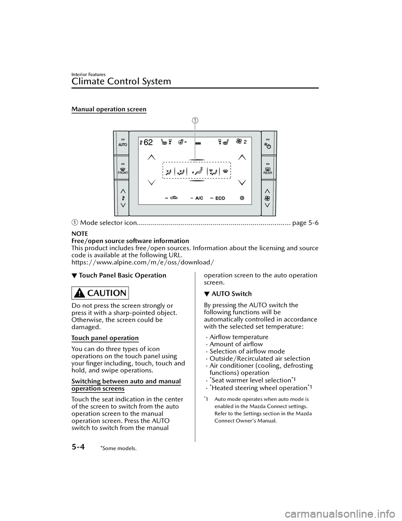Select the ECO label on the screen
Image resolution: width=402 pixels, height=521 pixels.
[220, 198]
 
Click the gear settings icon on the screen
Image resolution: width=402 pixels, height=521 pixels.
[242, 198]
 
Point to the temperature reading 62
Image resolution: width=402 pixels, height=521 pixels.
[148, 142]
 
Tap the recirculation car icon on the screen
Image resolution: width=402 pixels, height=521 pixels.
[175, 198]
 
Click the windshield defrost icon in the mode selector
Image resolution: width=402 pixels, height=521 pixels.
[225, 171]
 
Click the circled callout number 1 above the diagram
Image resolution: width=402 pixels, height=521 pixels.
[195, 121]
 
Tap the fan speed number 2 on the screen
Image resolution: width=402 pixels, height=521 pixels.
[245, 142]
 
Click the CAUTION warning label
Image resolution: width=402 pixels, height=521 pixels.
[100, 293]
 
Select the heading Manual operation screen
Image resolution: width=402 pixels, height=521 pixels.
[109, 110]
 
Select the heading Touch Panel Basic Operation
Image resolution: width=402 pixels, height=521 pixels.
[122, 275]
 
